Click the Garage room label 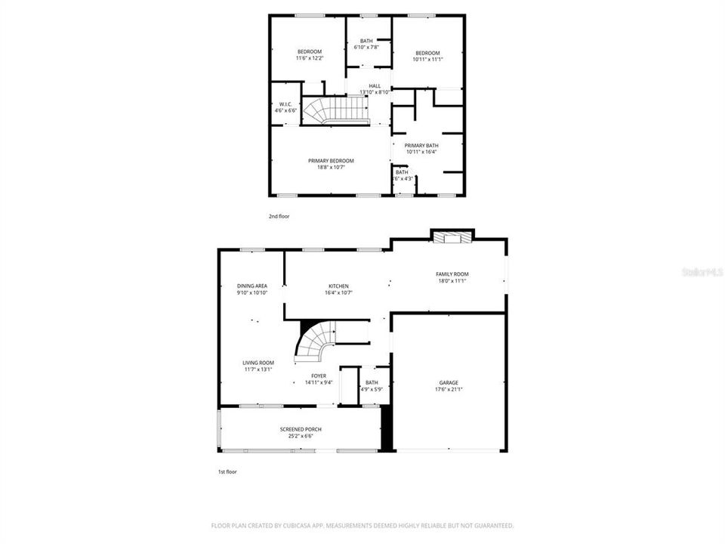tap(449, 386)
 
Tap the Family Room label tap(452, 277)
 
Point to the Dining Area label tap(252, 289)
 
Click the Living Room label tap(258, 366)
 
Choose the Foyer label tap(319, 379)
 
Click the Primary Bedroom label tap(331, 163)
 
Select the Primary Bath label tap(421, 148)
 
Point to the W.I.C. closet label tap(285, 107)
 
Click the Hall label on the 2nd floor tap(375, 88)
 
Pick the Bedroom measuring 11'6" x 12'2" tap(309, 54)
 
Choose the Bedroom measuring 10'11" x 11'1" tap(427, 55)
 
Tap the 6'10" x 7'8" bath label tap(366, 44)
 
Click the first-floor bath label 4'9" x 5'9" tap(372, 385)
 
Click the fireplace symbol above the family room tap(452, 237)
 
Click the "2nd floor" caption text tap(279, 216)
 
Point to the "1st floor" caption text tap(227, 471)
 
